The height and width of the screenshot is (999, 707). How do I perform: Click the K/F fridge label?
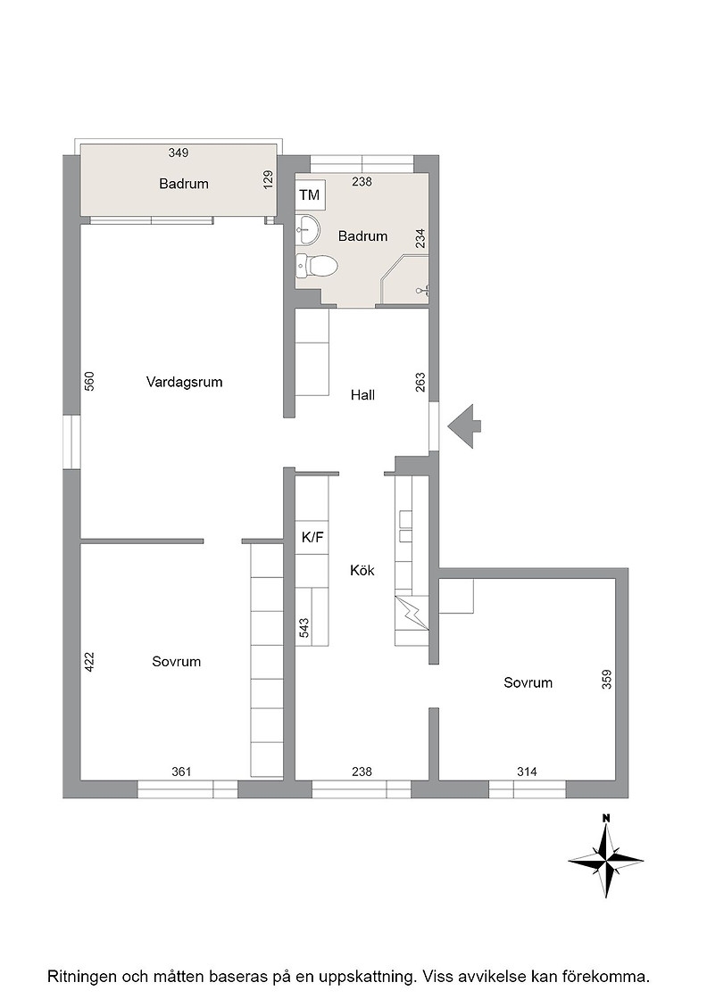312,538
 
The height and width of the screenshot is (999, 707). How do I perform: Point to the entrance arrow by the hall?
464,426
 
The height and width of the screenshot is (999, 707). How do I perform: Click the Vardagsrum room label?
184,383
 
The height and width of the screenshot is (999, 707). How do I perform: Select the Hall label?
362,395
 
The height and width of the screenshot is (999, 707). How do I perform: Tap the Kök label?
362,570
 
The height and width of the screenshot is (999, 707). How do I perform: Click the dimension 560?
89,381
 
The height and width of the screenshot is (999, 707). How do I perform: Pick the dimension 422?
89,661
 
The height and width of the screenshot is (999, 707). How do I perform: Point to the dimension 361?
182,772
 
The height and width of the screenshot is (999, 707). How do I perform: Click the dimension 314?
527,772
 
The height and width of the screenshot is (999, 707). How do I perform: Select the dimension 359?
606,679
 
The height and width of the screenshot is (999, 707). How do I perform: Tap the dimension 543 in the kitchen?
304,628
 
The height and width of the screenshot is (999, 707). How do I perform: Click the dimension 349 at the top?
179,153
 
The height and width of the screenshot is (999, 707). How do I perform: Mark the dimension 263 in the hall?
420,383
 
